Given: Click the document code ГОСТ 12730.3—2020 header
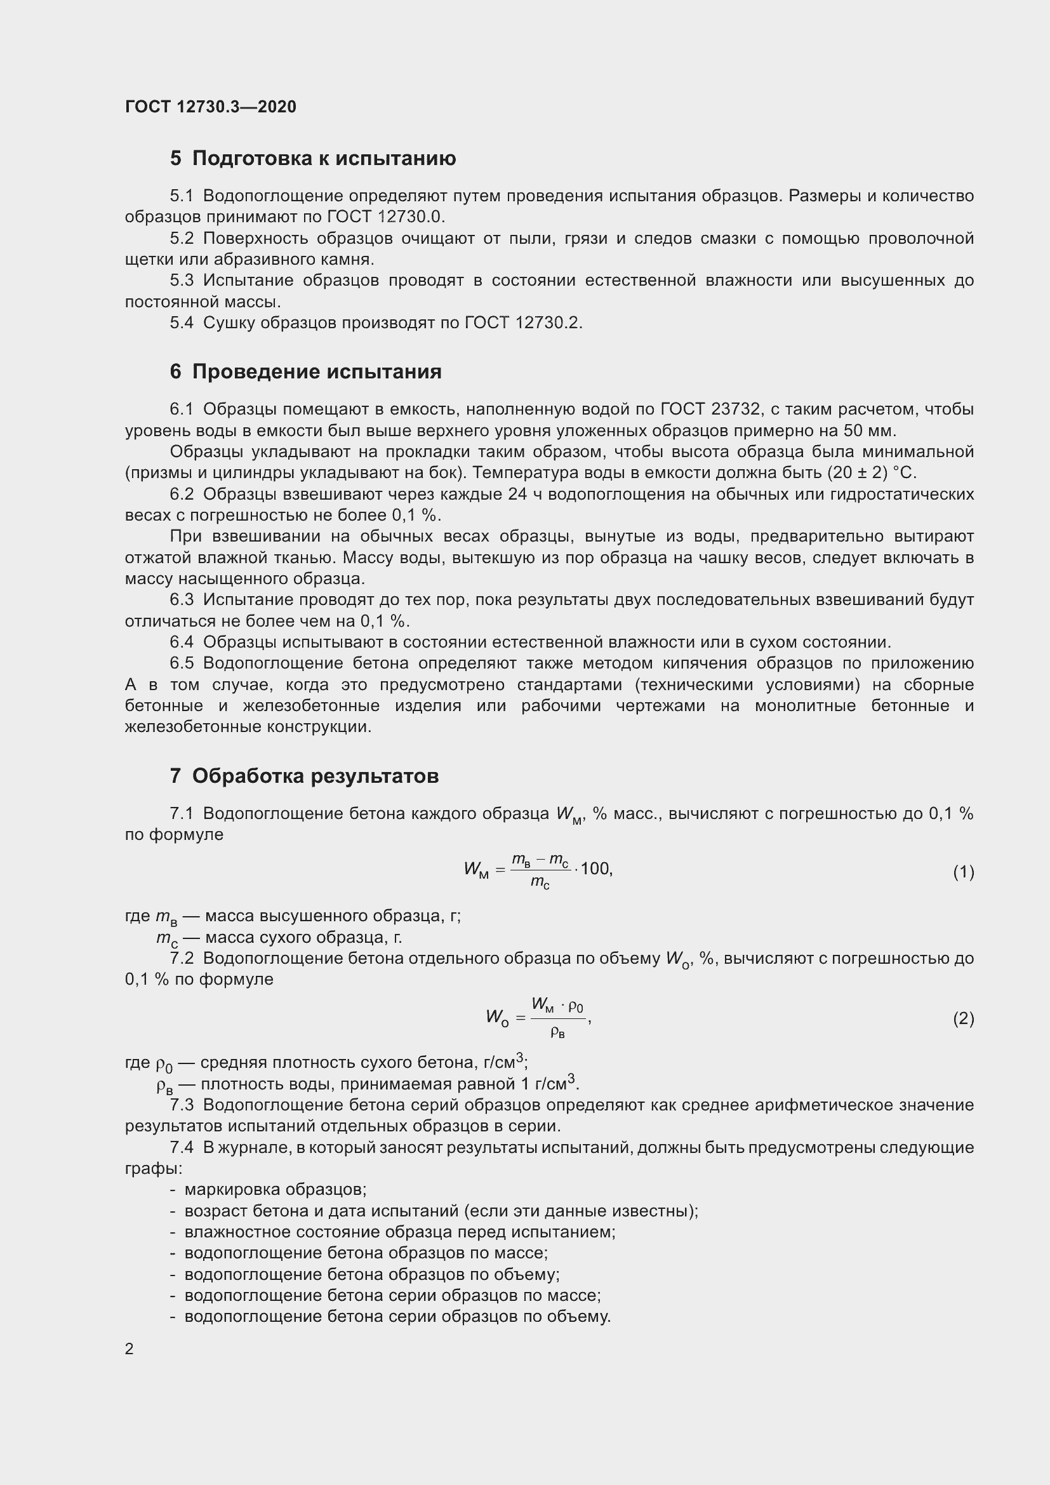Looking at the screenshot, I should point(210,107).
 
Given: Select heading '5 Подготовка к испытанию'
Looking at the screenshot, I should point(313,158).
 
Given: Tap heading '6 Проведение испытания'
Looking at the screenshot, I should point(306,371).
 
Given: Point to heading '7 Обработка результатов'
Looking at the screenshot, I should point(304,775).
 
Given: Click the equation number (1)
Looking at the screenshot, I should point(963,872).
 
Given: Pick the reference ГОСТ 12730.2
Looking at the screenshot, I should point(523,323).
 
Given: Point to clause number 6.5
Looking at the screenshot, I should point(182,663).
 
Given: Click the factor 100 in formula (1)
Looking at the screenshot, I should point(595,869).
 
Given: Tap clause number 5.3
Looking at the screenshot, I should point(182,280).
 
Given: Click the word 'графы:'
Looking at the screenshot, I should point(154,1169).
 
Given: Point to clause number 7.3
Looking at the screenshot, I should point(182,1105).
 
